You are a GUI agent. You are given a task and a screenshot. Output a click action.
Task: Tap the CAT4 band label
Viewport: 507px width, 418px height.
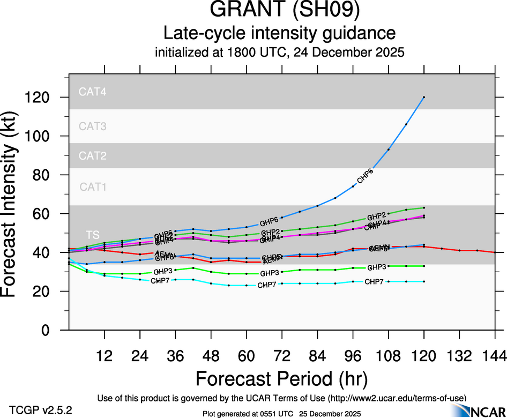coord(93,91)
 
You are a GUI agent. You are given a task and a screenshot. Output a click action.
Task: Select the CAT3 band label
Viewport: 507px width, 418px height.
coord(93,126)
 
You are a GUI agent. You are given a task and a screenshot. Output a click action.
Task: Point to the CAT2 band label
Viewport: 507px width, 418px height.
coord(93,156)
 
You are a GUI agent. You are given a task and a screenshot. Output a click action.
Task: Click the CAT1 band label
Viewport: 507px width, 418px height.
coord(93,187)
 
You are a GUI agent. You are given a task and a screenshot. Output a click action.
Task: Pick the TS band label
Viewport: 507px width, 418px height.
coord(92,235)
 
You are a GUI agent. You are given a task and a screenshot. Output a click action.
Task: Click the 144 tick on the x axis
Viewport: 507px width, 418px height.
coord(494,356)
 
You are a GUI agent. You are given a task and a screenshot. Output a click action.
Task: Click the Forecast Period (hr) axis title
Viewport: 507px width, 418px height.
coord(281,378)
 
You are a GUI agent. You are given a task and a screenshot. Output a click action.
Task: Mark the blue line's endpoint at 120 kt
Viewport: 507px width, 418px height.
coord(424,97)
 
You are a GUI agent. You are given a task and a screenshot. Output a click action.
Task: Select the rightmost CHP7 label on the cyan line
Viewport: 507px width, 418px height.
coord(374,282)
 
